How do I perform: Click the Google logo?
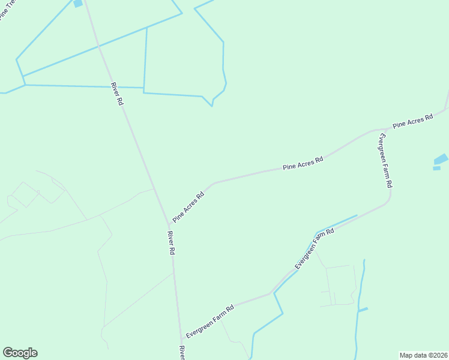[20, 353]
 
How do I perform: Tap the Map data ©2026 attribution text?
[423, 355]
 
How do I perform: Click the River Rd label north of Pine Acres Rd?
[117, 94]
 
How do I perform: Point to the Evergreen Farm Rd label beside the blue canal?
[314, 248]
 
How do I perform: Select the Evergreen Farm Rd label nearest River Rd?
[209, 322]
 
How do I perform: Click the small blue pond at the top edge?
[77, 4]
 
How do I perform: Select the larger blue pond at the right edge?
[441, 160]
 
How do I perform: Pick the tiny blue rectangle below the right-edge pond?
[436, 168]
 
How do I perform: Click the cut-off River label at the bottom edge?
[182, 352]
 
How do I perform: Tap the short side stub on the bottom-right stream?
[363, 310]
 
